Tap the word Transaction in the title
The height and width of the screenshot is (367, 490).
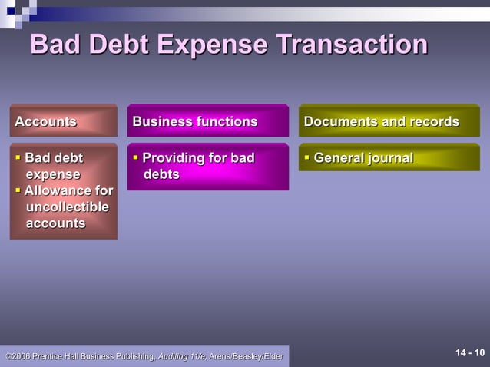pos(351,45)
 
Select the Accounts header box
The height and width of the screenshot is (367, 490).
pos(63,121)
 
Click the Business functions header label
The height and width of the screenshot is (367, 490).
pos(195,121)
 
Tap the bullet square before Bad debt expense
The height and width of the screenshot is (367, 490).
pos(18,157)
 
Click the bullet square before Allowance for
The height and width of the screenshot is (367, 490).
pos(18,190)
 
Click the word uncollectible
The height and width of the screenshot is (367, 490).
pos(68,207)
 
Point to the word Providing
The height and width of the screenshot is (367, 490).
pos(173,158)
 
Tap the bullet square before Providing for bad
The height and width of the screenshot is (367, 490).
pos(136,157)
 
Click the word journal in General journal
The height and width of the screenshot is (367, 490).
pos(389,158)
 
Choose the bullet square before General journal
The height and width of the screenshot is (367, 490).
pos(307,157)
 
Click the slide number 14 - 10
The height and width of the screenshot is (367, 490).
pos(470,353)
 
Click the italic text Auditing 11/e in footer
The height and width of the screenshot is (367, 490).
pos(181,356)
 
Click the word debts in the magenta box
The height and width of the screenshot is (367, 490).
pos(162,174)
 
